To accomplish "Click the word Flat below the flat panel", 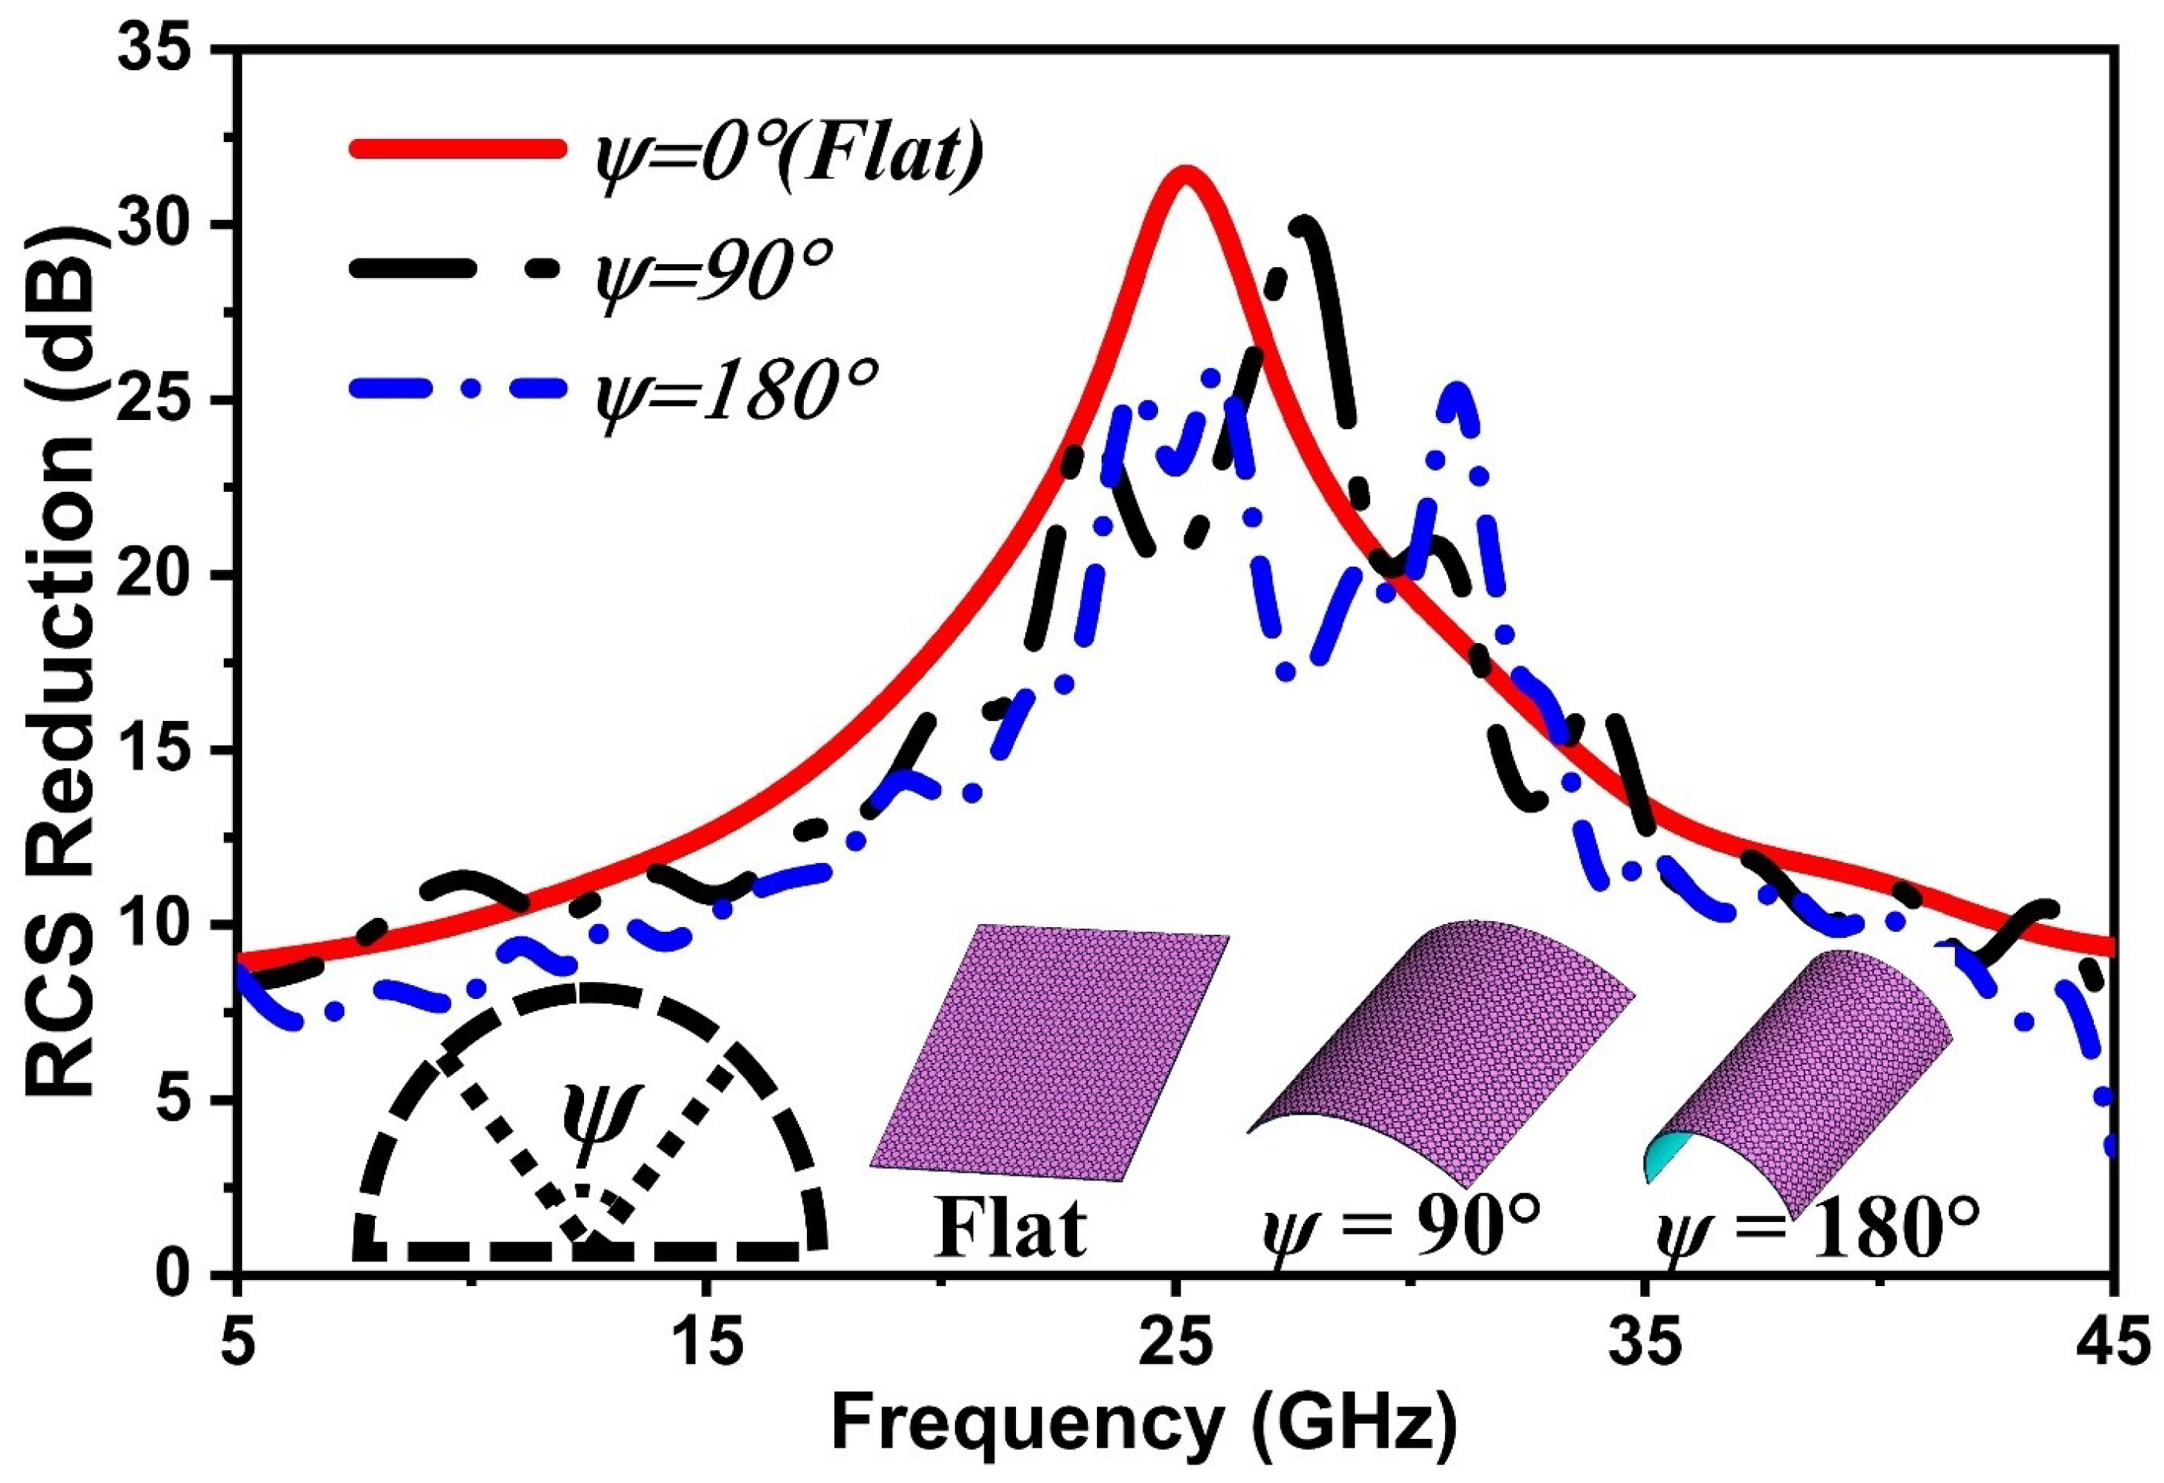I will pyautogui.click(x=1011, y=1227).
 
